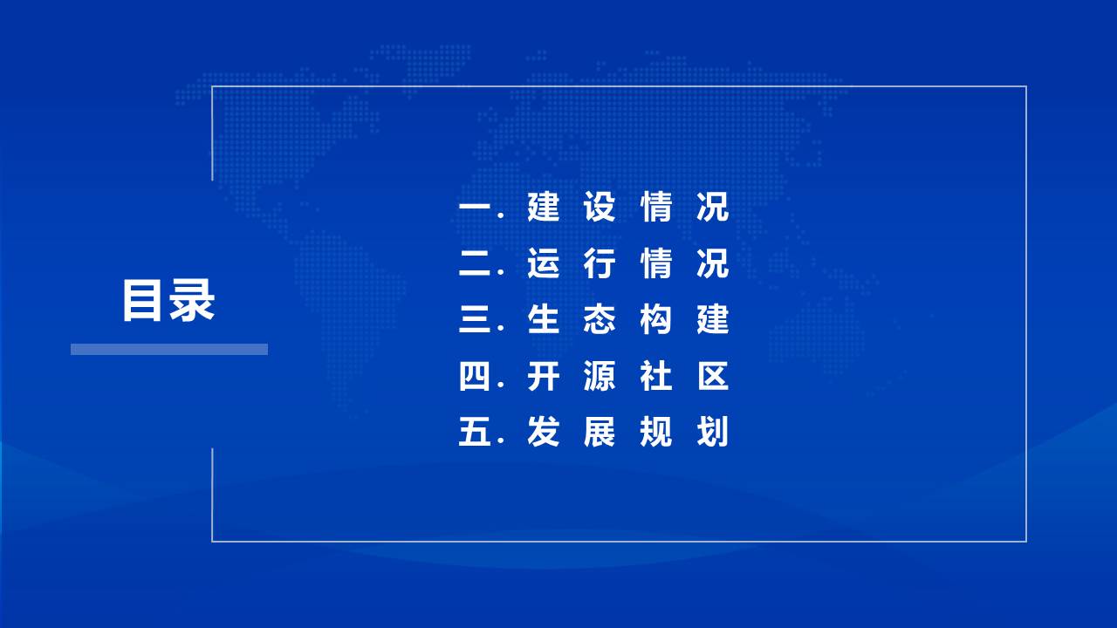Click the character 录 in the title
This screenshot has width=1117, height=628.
point(192,300)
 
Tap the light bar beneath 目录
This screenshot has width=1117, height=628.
point(169,349)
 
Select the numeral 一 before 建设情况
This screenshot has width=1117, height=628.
point(476,208)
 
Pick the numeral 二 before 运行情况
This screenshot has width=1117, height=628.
point(476,263)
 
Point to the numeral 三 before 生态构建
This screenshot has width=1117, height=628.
point(476,319)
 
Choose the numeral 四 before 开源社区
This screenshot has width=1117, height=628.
point(474,376)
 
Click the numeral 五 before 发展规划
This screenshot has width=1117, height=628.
point(476,432)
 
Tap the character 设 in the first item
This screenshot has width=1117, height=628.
point(600,207)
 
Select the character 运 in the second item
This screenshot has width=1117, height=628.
point(543,263)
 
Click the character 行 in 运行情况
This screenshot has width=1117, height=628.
point(600,263)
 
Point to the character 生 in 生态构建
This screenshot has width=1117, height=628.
point(543,319)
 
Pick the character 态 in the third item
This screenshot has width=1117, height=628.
point(600,319)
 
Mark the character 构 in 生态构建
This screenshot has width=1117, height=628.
point(656,319)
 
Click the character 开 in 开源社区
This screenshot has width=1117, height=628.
point(543,376)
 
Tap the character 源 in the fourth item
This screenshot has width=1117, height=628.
point(600,376)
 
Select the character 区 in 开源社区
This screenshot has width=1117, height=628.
point(713,376)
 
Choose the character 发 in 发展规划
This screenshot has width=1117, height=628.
point(543,432)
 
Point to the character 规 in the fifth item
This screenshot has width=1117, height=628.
point(656,432)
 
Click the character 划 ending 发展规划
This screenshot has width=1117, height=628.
point(713,432)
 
